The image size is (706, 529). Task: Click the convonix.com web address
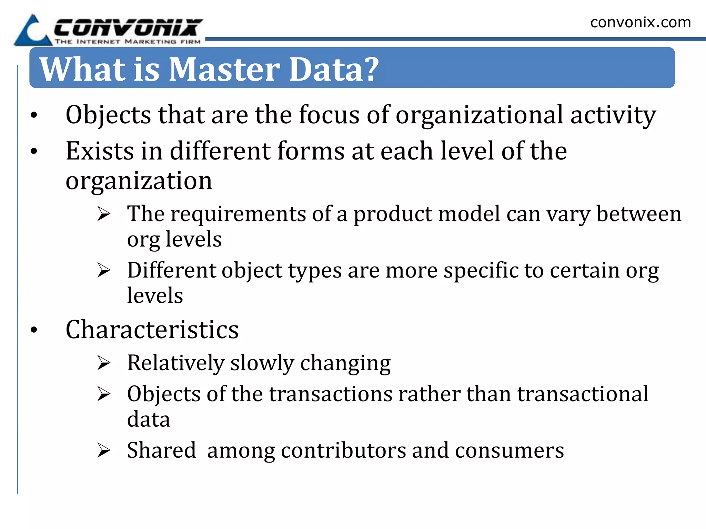point(640,22)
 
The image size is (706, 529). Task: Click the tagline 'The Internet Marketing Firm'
point(128,42)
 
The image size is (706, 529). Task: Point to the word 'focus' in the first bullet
point(329,115)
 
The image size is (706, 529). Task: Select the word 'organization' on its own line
point(139,181)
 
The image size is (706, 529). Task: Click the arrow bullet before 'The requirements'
point(103,214)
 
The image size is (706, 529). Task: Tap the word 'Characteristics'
point(152,330)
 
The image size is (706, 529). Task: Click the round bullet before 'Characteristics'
point(33,330)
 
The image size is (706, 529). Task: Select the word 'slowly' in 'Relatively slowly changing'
point(262,363)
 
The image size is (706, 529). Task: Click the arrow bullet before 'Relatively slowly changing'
point(103,363)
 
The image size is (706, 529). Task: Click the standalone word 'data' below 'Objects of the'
point(149,419)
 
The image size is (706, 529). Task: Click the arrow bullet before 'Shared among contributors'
point(103,450)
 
